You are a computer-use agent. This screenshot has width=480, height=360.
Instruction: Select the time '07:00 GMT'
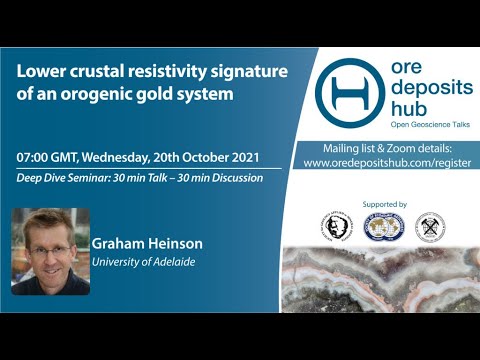pyautogui.click(x=49, y=159)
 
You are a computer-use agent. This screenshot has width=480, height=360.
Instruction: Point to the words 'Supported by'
pyautogui.click(x=381, y=204)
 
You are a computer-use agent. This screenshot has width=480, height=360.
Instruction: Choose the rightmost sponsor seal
pyautogui.click(x=430, y=227)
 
